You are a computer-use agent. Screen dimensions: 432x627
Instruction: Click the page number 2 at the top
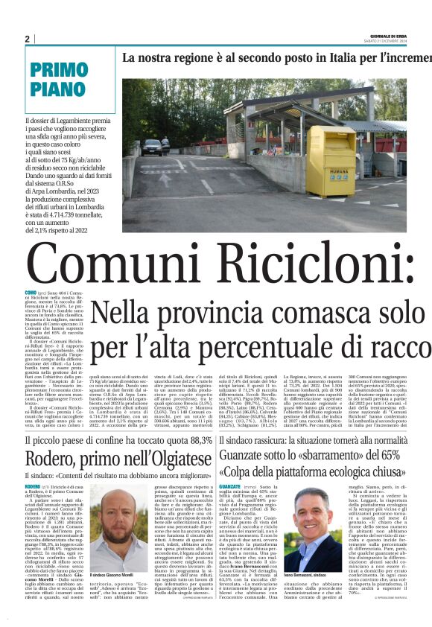tap(28, 39)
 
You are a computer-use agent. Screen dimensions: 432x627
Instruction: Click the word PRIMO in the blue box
tap(60, 71)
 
